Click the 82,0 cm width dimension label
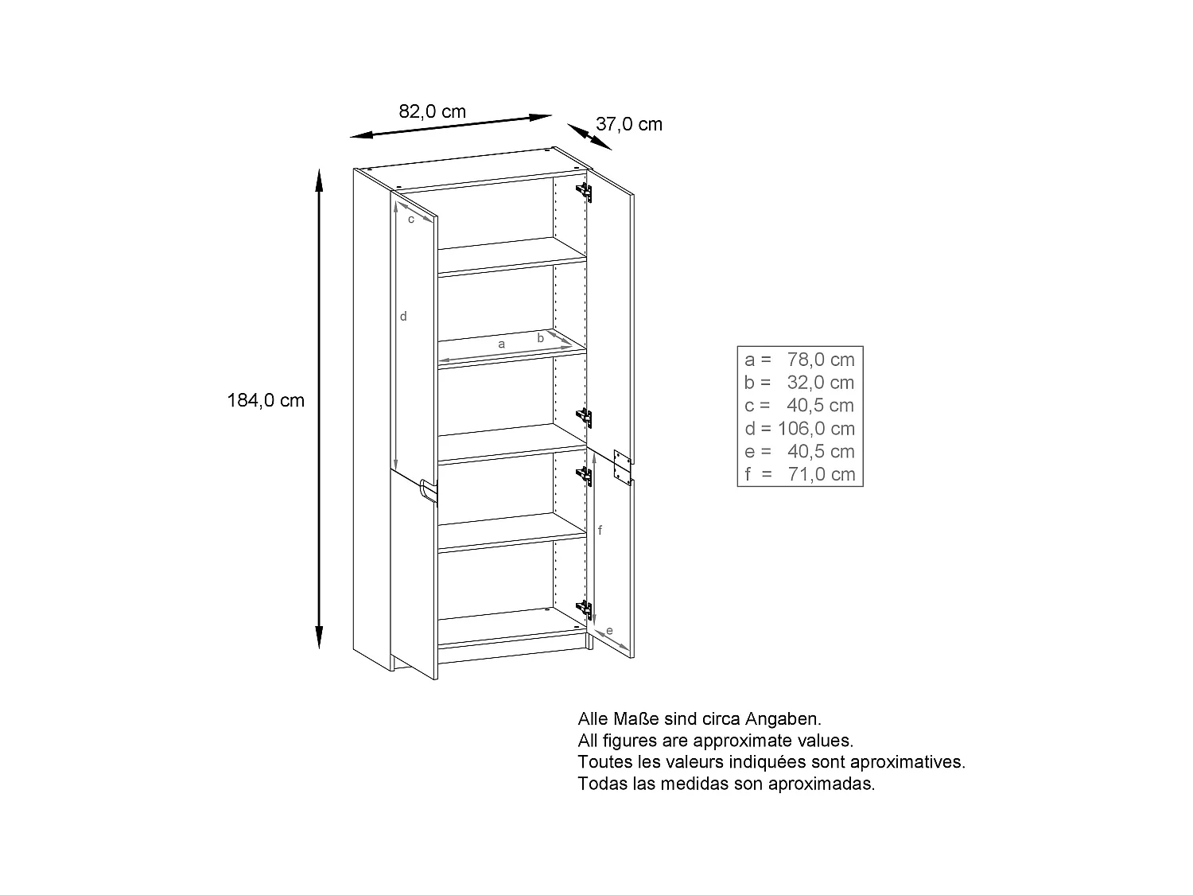tap(432, 111)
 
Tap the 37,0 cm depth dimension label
tap(628, 124)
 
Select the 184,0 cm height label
tap(266, 400)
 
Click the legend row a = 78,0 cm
tap(799, 359)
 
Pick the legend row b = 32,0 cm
tap(799, 382)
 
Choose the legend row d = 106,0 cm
tap(799, 428)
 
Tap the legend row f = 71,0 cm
tap(799, 474)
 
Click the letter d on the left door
tap(403, 316)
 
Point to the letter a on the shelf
tap(501, 344)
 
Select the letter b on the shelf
tap(540, 337)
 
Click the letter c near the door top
tap(410, 219)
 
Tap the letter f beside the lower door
tap(600, 530)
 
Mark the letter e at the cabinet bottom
tap(609, 631)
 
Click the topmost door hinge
tap(585, 191)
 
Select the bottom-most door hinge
tap(585, 610)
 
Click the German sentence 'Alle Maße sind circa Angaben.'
tap(698, 719)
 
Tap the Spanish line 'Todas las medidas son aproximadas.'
tap(726, 784)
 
